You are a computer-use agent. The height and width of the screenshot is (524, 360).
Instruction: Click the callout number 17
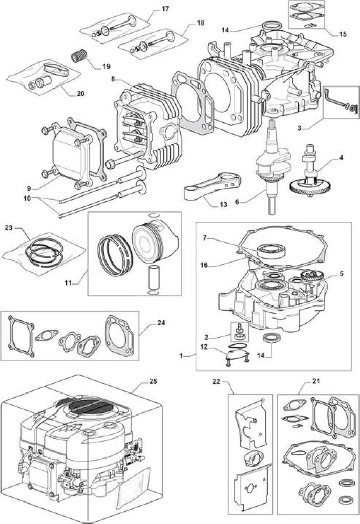tap(165, 9)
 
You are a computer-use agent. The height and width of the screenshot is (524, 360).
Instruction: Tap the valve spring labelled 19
tap(79, 55)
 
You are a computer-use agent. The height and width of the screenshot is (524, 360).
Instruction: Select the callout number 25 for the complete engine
tap(153, 381)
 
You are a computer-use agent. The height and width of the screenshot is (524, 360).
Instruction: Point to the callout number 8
tap(113, 79)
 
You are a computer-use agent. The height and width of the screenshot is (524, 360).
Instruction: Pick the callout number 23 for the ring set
tap(8, 228)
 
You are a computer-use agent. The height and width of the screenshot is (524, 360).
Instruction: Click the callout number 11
tap(68, 282)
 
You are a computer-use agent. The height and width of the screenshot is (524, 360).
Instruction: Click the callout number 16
tap(204, 265)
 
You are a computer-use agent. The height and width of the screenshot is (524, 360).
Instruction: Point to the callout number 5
tap(341, 273)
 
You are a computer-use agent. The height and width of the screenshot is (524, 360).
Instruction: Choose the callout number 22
tap(216, 381)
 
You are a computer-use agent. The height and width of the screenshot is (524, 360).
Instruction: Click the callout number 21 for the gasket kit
tap(316, 381)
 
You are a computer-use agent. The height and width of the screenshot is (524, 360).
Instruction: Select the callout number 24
tap(161, 323)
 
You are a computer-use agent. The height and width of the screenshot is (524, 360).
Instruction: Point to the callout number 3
tap(300, 127)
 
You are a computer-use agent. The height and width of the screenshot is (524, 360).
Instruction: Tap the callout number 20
tap(80, 93)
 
